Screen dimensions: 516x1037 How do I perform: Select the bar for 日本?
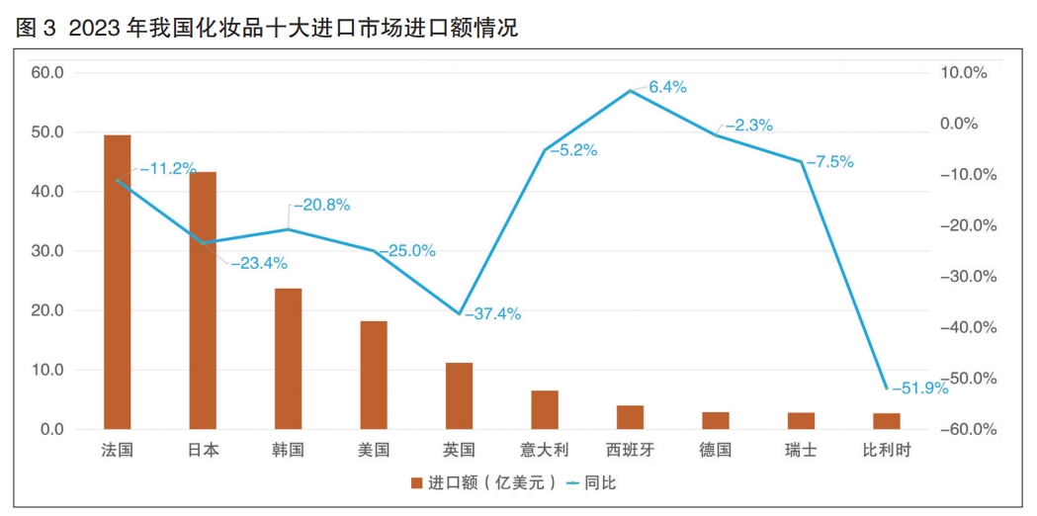[203, 301]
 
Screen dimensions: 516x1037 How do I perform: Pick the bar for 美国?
[374, 375]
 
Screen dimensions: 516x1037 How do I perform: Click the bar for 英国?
[459, 395]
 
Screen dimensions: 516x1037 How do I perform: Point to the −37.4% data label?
[492, 314]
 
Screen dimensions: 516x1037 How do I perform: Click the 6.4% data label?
[668, 87]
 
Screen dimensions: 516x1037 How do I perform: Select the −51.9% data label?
[919, 388]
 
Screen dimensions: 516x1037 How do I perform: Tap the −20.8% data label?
[321, 206]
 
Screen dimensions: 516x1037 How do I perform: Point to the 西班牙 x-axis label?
[630, 450]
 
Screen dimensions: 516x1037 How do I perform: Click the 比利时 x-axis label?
[887, 450]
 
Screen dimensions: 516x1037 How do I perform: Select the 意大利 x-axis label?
[545, 450]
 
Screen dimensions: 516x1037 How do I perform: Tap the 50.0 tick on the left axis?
[47, 132]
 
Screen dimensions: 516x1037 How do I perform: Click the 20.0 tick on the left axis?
[47, 310]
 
